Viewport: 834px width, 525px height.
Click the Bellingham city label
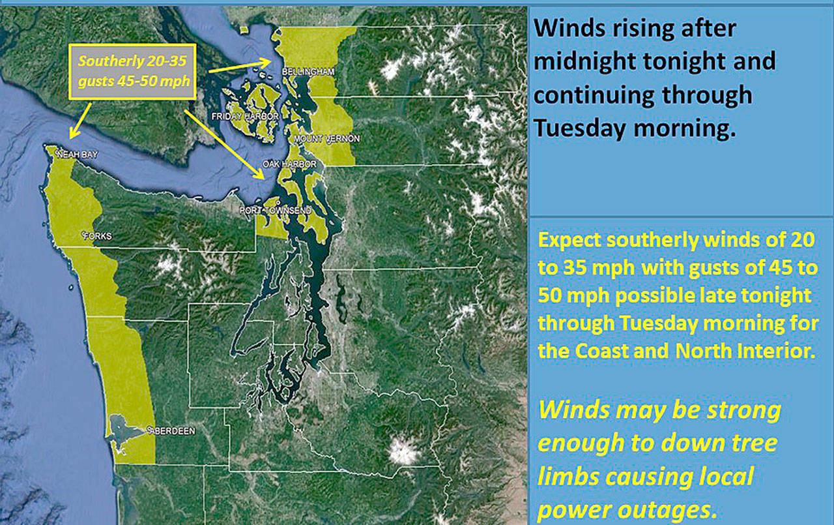308,72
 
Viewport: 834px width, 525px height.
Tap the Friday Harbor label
245,117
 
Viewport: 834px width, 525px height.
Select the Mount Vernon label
327,139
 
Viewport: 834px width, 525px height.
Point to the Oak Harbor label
290,164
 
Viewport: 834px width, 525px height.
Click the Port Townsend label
275,211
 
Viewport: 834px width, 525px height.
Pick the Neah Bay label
77,155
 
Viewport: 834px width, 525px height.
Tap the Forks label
98,236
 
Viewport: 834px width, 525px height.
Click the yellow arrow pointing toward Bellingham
240,66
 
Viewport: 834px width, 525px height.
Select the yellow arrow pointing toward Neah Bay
80,121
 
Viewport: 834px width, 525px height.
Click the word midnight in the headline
585,61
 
